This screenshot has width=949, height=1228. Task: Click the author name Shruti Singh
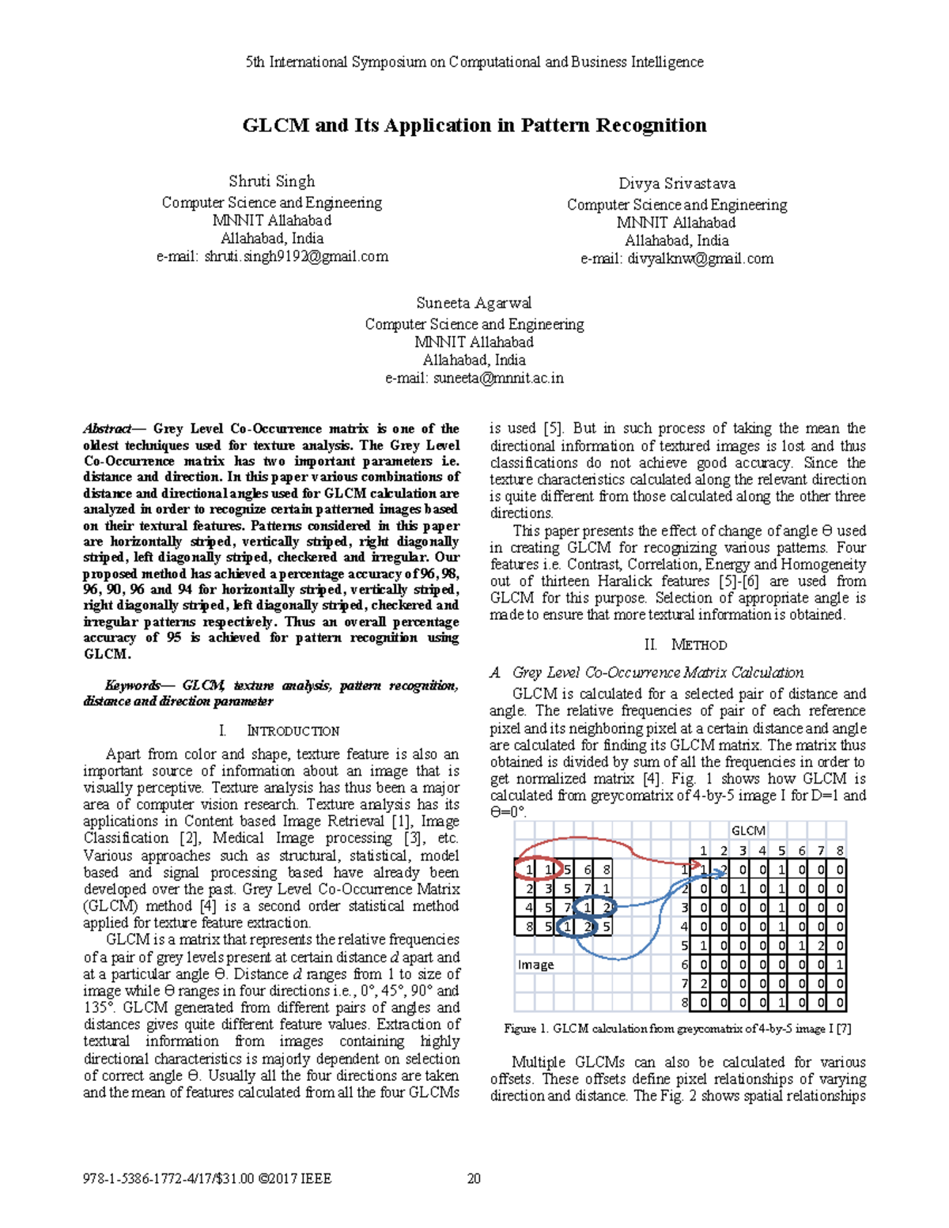[x=271, y=181]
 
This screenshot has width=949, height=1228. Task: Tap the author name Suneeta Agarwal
[x=474, y=303]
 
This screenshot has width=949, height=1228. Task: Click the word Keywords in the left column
[x=133, y=686]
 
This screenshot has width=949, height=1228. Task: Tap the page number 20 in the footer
[x=475, y=1179]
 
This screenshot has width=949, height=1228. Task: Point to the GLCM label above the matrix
[x=747, y=831]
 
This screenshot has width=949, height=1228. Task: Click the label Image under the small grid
[x=535, y=965]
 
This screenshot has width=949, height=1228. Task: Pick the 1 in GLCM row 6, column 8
[x=840, y=965]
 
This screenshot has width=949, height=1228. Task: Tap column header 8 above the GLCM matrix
[x=840, y=851]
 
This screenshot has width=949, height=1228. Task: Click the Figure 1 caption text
[x=677, y=1029]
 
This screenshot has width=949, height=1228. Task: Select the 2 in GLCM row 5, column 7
[x=821, y=946]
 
